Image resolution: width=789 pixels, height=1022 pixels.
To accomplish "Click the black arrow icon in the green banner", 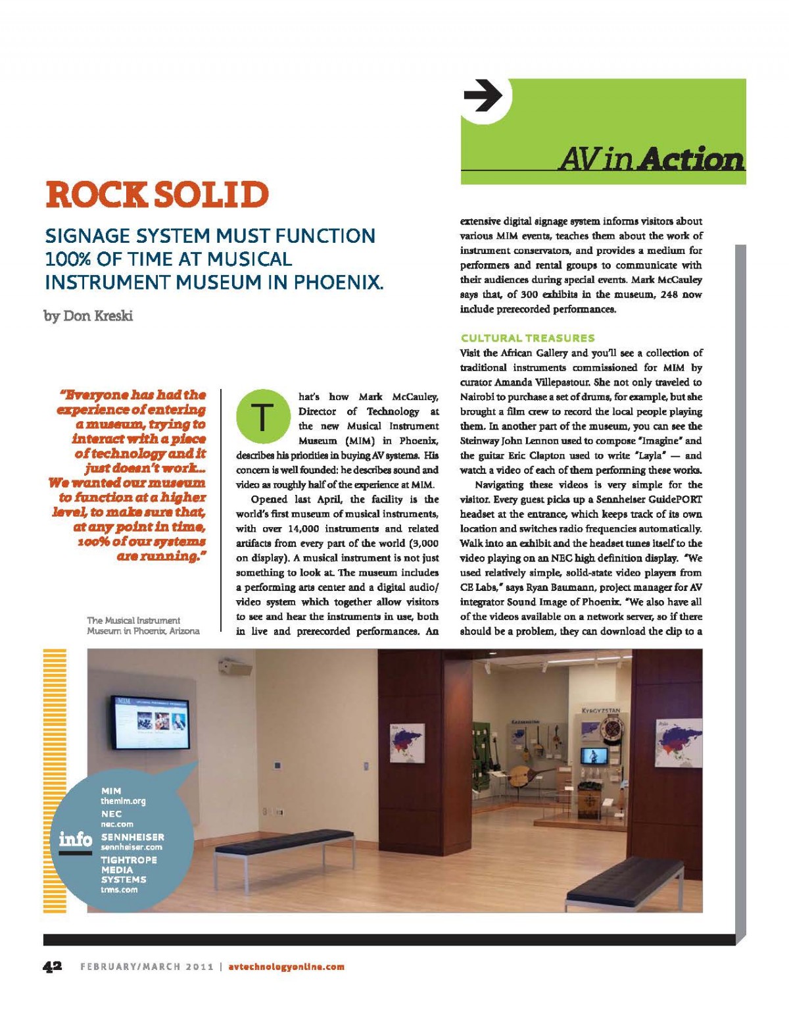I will point(483,96).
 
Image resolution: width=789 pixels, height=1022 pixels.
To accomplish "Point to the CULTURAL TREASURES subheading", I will point(528,338).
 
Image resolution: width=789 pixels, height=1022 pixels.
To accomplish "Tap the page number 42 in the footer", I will point(53,966).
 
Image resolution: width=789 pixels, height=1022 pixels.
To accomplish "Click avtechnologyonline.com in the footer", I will point(286,967).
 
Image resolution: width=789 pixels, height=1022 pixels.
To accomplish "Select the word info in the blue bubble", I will point(75,839).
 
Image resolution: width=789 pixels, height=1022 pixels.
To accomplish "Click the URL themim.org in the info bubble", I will point(123,801).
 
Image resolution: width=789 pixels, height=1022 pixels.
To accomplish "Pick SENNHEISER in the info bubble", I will point(132,837).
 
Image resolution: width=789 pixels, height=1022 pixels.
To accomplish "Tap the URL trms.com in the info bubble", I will point(119,890).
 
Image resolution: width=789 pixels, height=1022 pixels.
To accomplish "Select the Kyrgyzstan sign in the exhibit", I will point(602,711).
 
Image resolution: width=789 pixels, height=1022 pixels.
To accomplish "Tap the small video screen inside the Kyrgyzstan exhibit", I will point(593,755).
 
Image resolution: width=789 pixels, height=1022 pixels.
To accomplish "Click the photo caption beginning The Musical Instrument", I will point(143,625).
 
